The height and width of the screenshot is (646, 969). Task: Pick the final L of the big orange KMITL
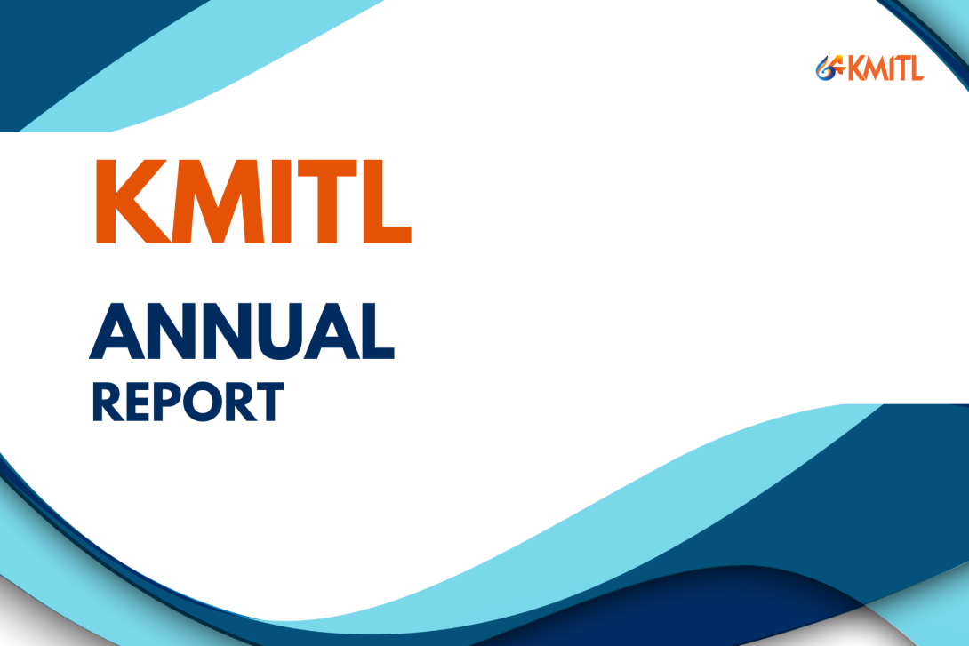click(x=384, y=202)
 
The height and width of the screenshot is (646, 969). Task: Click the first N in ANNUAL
click(x=168, y=331)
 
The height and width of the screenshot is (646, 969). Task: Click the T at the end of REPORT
click(x=268, y=401)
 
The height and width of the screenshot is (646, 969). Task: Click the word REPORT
click(x=188, y=401)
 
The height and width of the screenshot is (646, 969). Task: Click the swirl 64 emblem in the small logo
click(x=829, y=68)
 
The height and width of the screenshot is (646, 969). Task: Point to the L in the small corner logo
click(x=916, y=68)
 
